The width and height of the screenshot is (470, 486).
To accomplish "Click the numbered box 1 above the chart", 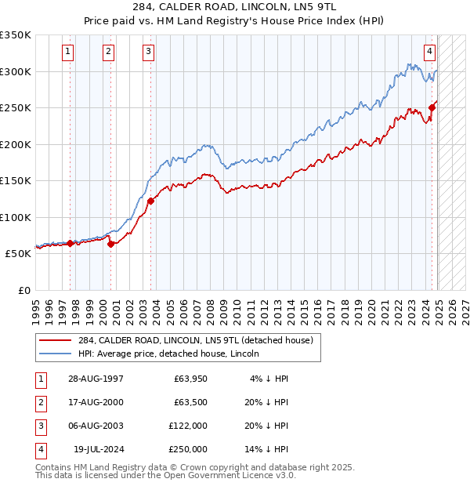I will pos(69,53).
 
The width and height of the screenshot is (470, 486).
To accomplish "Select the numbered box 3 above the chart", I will pos(148,53).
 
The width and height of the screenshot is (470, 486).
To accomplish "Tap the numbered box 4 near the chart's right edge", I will pos(430,53).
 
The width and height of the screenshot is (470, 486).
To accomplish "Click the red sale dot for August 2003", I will pos(150,201).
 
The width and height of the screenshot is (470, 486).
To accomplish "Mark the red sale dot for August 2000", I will pos(110,244).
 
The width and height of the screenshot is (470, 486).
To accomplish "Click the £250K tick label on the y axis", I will pos(16,107).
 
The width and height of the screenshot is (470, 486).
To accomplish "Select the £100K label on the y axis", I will pos(16,217).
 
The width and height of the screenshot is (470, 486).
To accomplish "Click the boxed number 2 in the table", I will pos(39,403).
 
